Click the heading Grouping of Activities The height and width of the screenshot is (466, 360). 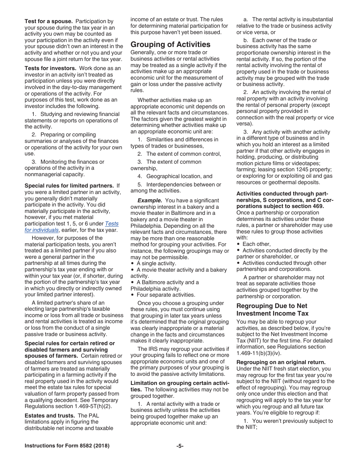point(170,44)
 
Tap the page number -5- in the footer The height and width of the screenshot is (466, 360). point(180,446)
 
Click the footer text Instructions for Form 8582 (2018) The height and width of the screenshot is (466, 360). point(67,446)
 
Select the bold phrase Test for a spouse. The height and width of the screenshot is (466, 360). point(49,21)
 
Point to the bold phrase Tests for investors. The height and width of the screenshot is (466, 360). point(51,68)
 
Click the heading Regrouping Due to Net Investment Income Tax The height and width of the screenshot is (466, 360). point(272,310)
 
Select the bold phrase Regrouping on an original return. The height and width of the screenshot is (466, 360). point(281,362)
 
